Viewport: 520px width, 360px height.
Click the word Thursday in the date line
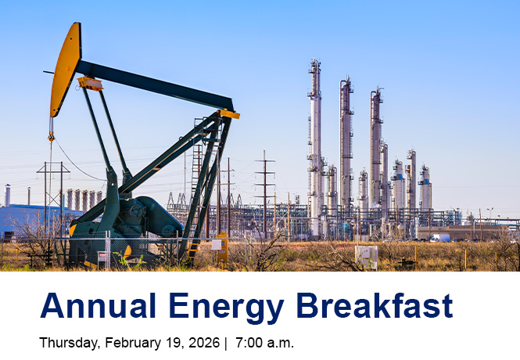[65, 343]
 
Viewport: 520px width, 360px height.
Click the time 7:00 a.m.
[264, 343]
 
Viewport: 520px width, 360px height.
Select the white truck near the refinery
[439, 238]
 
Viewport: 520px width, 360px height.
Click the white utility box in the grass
[366, 256]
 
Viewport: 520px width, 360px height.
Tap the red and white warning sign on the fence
[102, 257]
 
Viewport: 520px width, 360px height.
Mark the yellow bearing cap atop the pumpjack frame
[228, 114]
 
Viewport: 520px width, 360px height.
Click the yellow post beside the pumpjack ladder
[224, 249]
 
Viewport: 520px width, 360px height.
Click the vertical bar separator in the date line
[224, 343]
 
